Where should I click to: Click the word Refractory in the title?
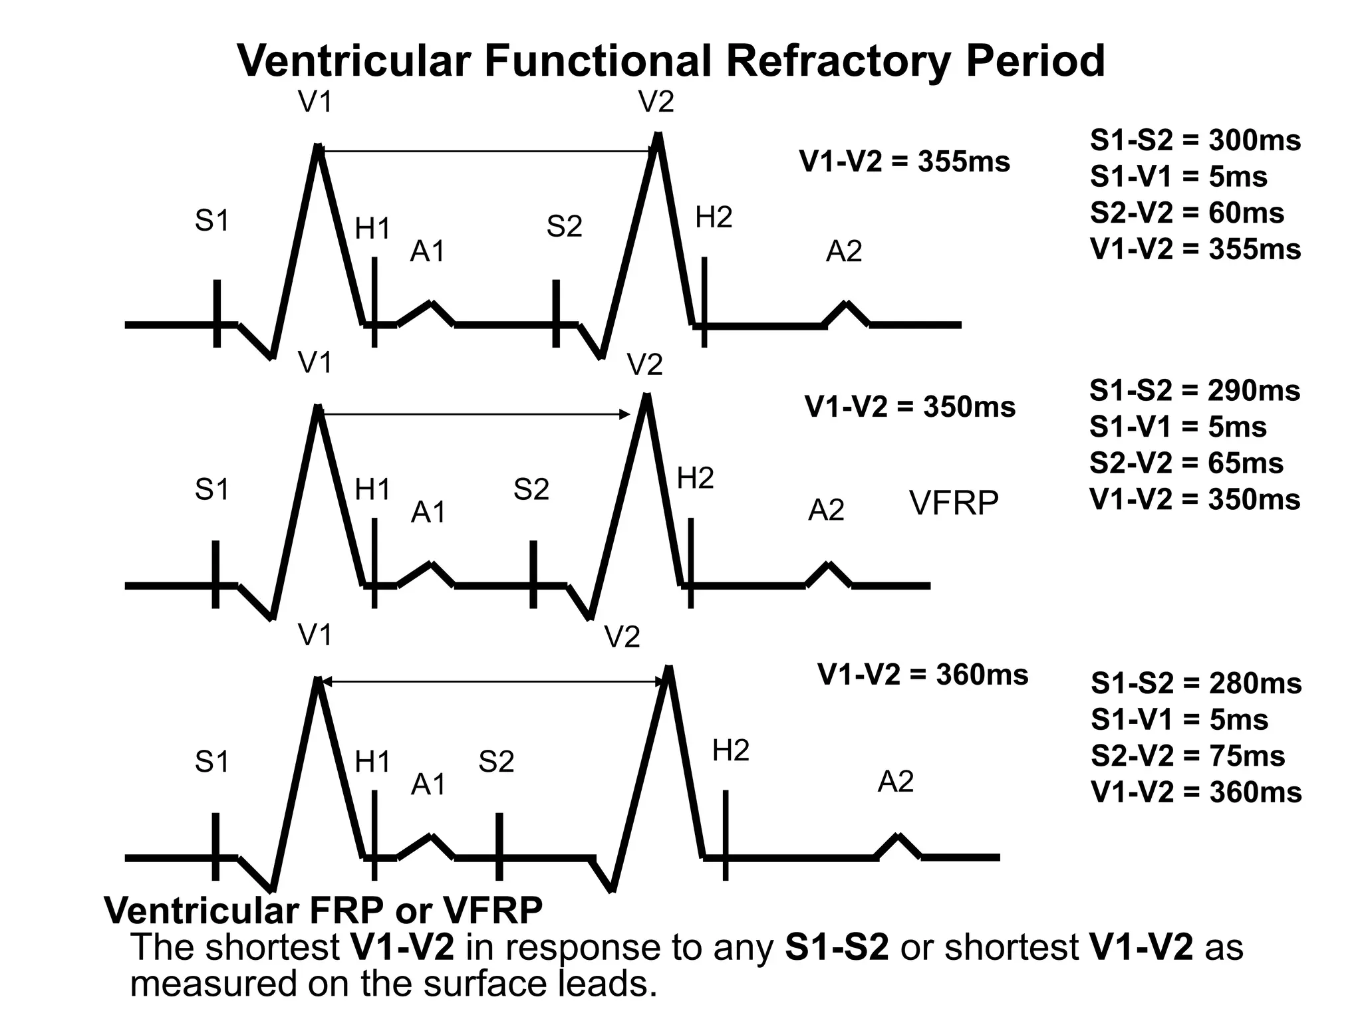(x=838, y=61)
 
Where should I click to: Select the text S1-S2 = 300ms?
(x=1195, y=141)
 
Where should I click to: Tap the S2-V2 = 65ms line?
(x=1186, y=463)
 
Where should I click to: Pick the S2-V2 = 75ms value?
(x=1188, y=756)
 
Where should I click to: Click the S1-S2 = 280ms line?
(x=1196, y=684)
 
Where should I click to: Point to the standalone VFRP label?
(x=954, y=503)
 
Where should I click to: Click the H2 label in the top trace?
(x=714, y=218)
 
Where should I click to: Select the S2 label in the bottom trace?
(x=496, y=762)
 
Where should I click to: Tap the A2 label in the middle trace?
(x=826, y=510)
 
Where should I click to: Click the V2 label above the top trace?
(x=656, y=102)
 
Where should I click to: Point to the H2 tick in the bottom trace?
(x=725, y=835)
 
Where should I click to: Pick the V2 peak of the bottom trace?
(x=669, y=669)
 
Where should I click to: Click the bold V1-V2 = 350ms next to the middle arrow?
(x=910, y=407)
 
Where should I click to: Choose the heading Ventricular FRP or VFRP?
(x=323, y=911)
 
